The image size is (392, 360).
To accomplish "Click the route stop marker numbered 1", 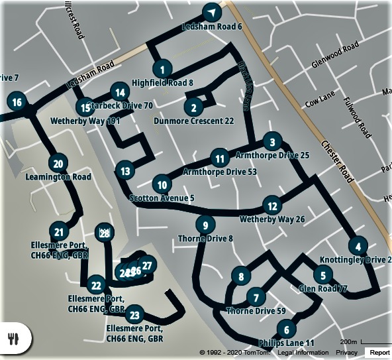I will [162, 68].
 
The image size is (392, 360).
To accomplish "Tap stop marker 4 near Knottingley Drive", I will [358, 246].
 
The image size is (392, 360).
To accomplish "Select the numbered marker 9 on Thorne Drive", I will [205, 224].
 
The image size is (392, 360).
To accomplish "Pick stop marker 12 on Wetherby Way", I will [271, 206].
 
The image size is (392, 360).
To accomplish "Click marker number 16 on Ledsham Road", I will [17, 102].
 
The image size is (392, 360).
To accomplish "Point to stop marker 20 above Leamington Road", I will [58, 164].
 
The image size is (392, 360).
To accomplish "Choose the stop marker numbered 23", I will [134, 315].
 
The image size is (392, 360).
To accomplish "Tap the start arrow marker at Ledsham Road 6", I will [211, 13].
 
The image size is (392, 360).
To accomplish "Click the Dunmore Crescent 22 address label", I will [193, 121].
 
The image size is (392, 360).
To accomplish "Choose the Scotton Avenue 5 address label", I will [162, 198].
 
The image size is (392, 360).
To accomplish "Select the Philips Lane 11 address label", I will [287, 343].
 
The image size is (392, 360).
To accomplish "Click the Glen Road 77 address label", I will [323, 288].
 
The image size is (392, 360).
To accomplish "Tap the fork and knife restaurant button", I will [13, 337].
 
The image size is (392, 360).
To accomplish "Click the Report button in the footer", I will [379, 353].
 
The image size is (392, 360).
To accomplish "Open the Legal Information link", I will [303, 353].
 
